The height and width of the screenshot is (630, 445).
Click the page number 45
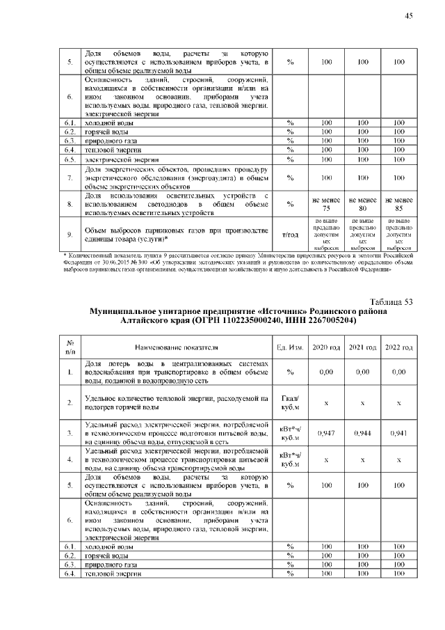coord(409,16)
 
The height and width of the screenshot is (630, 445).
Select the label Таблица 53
coord(391,301)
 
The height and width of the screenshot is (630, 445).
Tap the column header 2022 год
coord(398,347)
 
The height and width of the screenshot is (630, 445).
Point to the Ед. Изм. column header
coord(289,347)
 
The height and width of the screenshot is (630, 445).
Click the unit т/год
coord(289,235)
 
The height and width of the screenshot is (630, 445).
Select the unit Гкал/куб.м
coord(289,403)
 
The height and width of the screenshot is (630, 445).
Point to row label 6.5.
coord(70,159)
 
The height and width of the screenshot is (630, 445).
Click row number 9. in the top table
coord(70,235)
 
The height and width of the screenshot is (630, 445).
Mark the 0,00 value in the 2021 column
coord(362,372)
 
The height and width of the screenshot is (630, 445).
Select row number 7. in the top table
coord(70,178)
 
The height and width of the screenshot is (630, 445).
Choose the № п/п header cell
coord(70,347)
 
